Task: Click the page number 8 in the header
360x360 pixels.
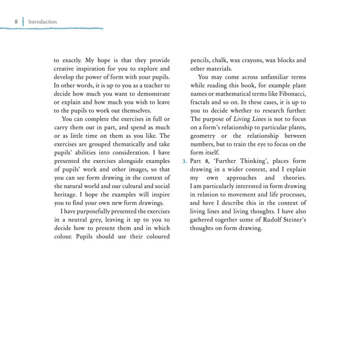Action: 16,21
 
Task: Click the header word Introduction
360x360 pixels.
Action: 42,21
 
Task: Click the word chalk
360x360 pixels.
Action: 219,60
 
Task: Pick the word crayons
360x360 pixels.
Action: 258,60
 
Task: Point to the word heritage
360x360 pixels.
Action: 66,195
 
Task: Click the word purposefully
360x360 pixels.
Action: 92,212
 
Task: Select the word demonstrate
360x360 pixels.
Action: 153,94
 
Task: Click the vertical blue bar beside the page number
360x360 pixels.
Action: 23,21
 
